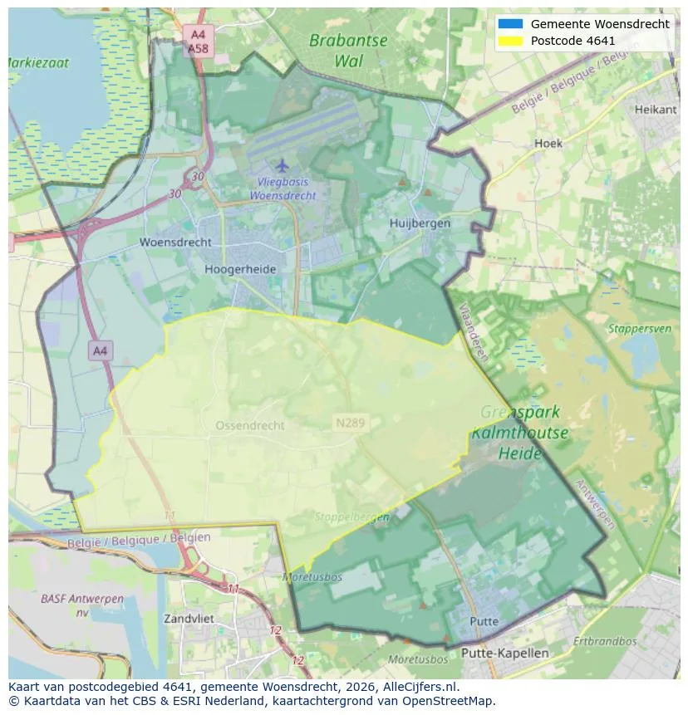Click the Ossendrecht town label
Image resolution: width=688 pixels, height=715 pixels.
pyautogui.click(x=250, y=425)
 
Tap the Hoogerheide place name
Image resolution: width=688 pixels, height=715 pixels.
pyautogui.click(x=240, y=269)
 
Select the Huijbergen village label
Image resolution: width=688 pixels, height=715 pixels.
pyautogui.click(x=420, y=223)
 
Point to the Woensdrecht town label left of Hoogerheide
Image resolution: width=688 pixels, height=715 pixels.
pyautogui.click(x=175, y=242)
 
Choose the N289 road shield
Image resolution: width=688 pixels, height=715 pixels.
pyautogui.click(x=351, y=423)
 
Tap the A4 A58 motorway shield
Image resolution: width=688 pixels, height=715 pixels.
pyautogui.click(x=198, y=42)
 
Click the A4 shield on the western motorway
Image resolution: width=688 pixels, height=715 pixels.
pyautogui.click(x=100, y=350)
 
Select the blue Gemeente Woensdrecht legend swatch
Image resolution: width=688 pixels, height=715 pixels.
pyautogui.click(x=508, y=23)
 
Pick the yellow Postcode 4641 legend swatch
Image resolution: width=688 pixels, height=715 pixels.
pyautogui.click(x=508, y=40)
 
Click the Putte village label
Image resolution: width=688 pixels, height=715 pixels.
pyautogui.click(x=484, y=621)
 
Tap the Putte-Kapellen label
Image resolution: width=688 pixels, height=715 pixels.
pyautogui.click(x=504, y=653)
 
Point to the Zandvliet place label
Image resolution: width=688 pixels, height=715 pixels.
pyautogui.click(x=189, y=619)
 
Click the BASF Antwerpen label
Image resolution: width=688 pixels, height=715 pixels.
pyautogui.click(x=82, y=605)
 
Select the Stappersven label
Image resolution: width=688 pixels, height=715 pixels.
pyautogui.click(x=639, y=328)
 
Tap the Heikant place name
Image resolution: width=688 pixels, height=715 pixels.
pyautogui.click(x=656, y=110)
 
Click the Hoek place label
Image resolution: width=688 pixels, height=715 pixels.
pyautogui.click(x=548, y=143)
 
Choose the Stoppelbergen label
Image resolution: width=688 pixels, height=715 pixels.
pyautogui.click(x=351, y=517)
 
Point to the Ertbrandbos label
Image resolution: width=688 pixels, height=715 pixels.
pyautogui.click(x=605, y=641)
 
